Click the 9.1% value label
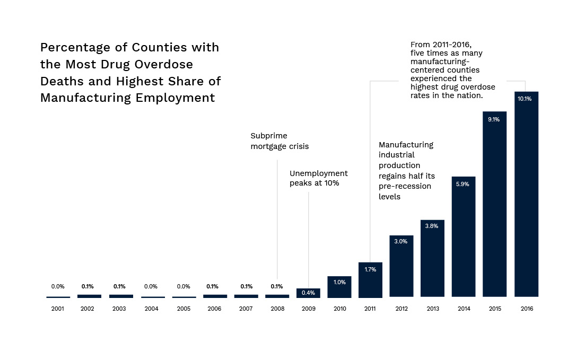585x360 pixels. (494, 119)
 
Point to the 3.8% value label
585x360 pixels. (432, 226)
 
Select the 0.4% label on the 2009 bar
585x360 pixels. (308, 293)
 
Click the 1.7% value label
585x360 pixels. (370, 269)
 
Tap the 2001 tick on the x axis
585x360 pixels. (58, 309)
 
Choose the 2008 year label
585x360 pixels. (277, 309)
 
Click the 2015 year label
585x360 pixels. (494, 309)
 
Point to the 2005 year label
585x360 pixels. (184, 309)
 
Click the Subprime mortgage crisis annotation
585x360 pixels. (280, 141)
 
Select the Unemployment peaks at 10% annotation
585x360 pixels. (318, 178)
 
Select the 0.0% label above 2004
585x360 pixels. (151, 286)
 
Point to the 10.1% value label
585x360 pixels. (525, 99)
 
